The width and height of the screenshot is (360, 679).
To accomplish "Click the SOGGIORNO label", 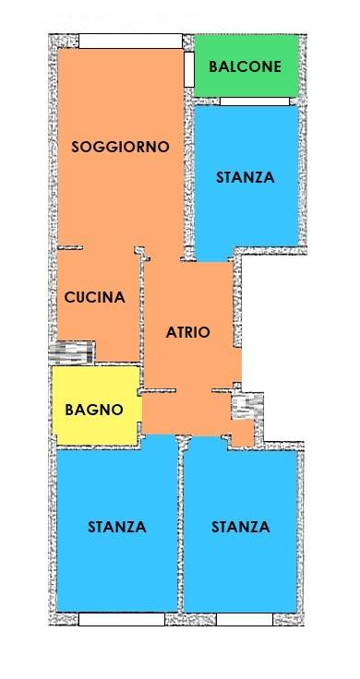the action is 120,147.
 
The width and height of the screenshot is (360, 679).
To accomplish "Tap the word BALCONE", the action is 246,66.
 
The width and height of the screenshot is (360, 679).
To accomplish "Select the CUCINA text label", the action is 95,297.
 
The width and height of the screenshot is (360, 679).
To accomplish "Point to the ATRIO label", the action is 188,332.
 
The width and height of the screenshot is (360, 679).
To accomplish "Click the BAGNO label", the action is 94,410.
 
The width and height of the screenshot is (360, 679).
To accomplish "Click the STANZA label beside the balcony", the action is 246,177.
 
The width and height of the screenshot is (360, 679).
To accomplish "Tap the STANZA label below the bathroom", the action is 117,527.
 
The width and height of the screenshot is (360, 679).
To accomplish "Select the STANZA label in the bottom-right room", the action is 240,527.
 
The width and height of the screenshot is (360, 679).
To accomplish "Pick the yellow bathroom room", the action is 96,405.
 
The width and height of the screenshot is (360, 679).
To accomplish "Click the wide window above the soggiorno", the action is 130,42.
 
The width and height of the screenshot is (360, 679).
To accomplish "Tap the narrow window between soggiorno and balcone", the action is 189,70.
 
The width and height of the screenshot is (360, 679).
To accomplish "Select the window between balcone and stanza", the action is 255,101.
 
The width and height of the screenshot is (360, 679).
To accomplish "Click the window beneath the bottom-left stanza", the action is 122,619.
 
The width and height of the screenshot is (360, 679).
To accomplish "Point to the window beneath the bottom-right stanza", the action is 245,619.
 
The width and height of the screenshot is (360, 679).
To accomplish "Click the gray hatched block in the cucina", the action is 71,353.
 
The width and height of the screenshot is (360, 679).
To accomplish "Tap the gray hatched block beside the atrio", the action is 247,406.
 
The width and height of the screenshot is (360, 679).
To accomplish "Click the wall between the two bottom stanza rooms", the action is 181,524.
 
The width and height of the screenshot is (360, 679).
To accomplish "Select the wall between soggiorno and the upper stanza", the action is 189,173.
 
